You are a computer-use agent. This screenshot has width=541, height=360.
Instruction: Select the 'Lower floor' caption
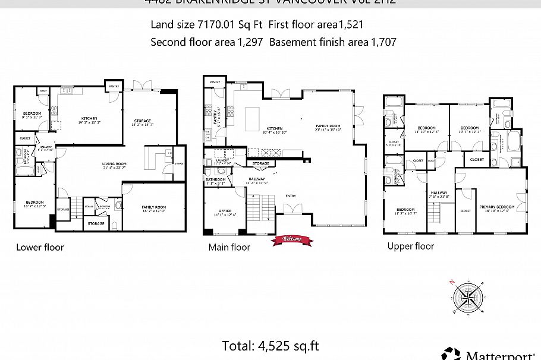click(40, 247)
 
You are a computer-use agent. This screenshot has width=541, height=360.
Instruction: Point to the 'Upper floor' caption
click(411, 246)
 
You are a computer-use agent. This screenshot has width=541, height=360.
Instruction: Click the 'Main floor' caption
click(229, 247)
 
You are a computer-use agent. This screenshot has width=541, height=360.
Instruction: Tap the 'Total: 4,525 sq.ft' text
click(270, 345)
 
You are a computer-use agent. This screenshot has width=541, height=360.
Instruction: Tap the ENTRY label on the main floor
click(291, 195)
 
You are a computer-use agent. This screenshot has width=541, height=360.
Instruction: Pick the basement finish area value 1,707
click(383, 42)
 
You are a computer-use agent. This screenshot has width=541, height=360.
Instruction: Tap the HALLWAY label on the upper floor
click(439, 192)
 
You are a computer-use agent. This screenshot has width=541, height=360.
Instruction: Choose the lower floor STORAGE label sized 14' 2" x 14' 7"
click(142, 121)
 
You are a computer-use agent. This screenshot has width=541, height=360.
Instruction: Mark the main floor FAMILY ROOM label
click(328, 126)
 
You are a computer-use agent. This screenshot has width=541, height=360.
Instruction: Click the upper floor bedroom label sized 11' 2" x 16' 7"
click(405, 210)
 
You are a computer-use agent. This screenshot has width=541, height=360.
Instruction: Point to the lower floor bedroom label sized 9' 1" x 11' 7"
click(32, 113)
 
